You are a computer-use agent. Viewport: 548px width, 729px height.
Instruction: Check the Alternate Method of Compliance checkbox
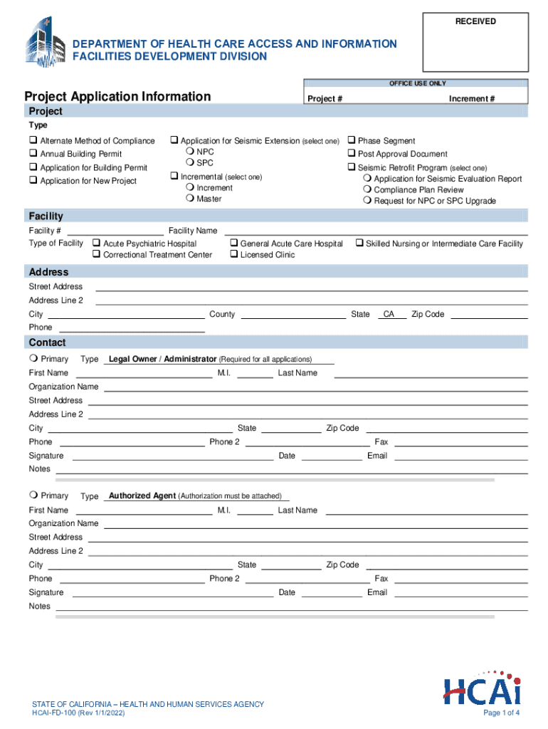tap(33, 141)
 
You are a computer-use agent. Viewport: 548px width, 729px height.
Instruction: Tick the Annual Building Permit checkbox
tap(33, 154)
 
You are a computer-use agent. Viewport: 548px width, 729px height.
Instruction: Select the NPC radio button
tap(189, 152)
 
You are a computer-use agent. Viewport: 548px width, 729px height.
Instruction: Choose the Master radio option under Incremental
tap(189, 199)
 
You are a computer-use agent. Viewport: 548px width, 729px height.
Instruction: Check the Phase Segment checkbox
tap(351, 141)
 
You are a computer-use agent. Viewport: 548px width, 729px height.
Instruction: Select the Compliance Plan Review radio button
tap(367, 190)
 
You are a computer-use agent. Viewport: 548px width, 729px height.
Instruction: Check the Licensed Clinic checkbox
tap(233, 255)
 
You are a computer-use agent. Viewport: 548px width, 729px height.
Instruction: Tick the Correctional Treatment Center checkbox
tap(96, 255)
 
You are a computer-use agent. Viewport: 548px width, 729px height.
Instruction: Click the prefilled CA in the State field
tap(389, 314)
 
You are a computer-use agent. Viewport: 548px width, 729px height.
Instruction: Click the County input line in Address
tap(293, 314)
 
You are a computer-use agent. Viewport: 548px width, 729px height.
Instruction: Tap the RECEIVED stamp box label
tap(475, 21)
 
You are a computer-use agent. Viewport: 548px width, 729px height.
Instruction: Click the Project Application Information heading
tap(117, 96)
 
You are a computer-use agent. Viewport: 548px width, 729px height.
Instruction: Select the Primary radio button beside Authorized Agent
tap(33, 495)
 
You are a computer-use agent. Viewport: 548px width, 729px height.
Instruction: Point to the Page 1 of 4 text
tap(501, 713)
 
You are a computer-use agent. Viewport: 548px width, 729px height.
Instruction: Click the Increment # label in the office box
tap(472, 99)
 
